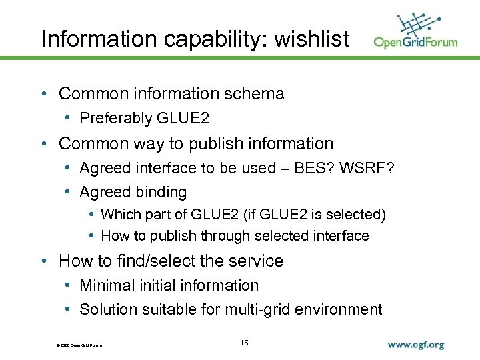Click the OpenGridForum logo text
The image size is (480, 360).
coord(415,42)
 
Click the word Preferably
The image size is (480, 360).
coord(116,119)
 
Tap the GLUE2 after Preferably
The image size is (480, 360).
coord(183,119)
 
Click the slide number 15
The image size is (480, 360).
coord(243,343)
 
